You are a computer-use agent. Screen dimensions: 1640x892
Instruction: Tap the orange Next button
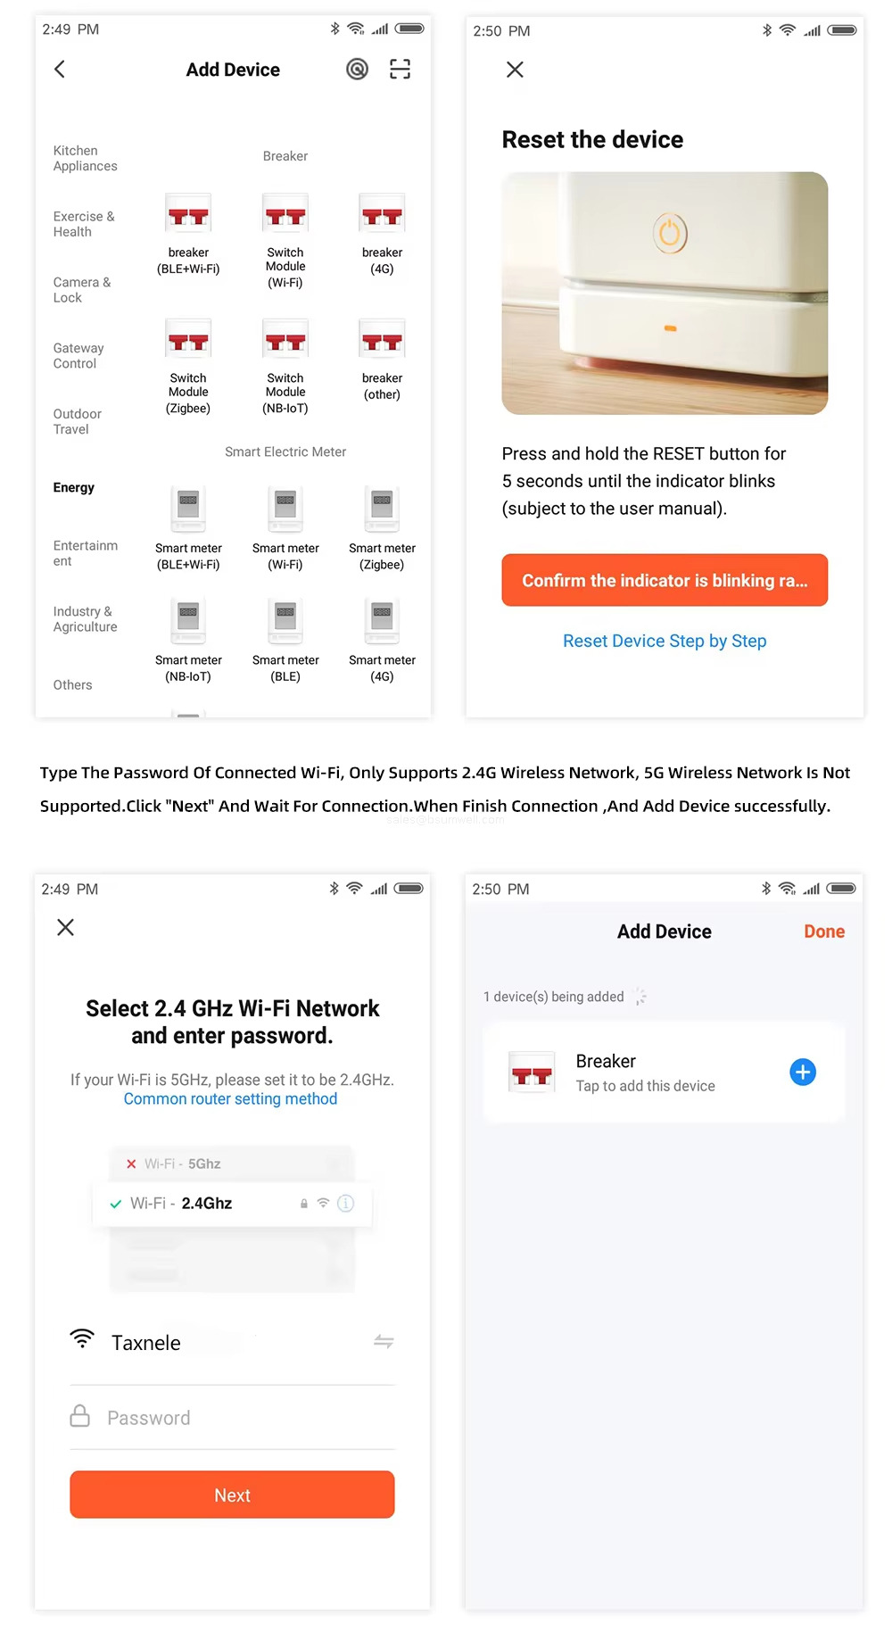tap(232, 1495)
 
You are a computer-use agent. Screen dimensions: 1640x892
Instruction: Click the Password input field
tap(232, 1418)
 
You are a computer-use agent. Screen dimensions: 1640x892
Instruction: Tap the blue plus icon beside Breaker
tap(803, 1072)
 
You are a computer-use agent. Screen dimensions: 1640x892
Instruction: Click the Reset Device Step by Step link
tap(665, 641)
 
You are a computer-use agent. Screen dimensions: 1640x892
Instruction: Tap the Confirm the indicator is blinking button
tap(665, 580)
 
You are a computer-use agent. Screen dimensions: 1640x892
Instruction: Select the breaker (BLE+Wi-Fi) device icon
tap(188, 215)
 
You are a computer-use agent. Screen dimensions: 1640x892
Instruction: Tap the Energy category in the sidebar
tap(74, 487)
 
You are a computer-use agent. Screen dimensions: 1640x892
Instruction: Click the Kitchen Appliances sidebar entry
tap(85, 158)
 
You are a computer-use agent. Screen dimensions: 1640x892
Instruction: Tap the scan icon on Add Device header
tap(401, 69)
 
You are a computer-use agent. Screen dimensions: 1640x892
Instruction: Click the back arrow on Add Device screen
tap(60, 69)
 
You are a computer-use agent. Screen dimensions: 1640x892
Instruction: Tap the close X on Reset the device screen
tap(515, 70)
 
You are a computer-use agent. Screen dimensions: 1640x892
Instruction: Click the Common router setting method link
tap(230, 1098)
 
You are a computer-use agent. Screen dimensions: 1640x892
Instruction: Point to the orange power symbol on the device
tap(670, 234)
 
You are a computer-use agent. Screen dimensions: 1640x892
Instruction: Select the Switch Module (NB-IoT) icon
tap(285, 340)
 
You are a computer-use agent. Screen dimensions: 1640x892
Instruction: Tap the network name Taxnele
tap(146, 1343)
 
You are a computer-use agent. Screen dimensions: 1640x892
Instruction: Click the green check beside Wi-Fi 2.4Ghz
tap(116, 1204)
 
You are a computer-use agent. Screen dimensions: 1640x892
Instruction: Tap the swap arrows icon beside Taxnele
tap(384, 1341)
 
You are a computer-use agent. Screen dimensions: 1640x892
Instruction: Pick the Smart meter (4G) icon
tap(382, 618)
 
